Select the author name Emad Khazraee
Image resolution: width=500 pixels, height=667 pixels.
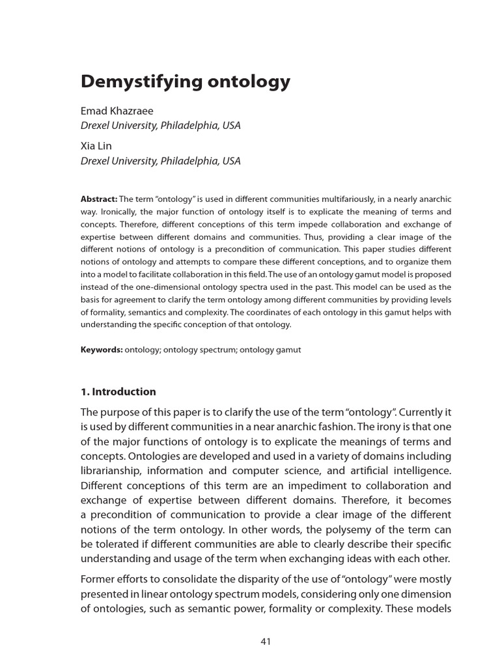point(117,111)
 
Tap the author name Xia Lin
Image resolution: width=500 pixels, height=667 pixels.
point(96,146)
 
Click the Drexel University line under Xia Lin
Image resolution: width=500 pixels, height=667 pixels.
point(160,161)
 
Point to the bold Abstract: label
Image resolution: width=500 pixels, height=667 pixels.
point(98,199)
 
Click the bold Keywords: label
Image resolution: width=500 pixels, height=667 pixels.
point(102,350)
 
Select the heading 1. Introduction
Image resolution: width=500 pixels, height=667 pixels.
point(118,391)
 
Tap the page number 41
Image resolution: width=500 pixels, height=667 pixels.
point(266,642)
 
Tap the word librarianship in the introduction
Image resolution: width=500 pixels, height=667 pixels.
point(111,470)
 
